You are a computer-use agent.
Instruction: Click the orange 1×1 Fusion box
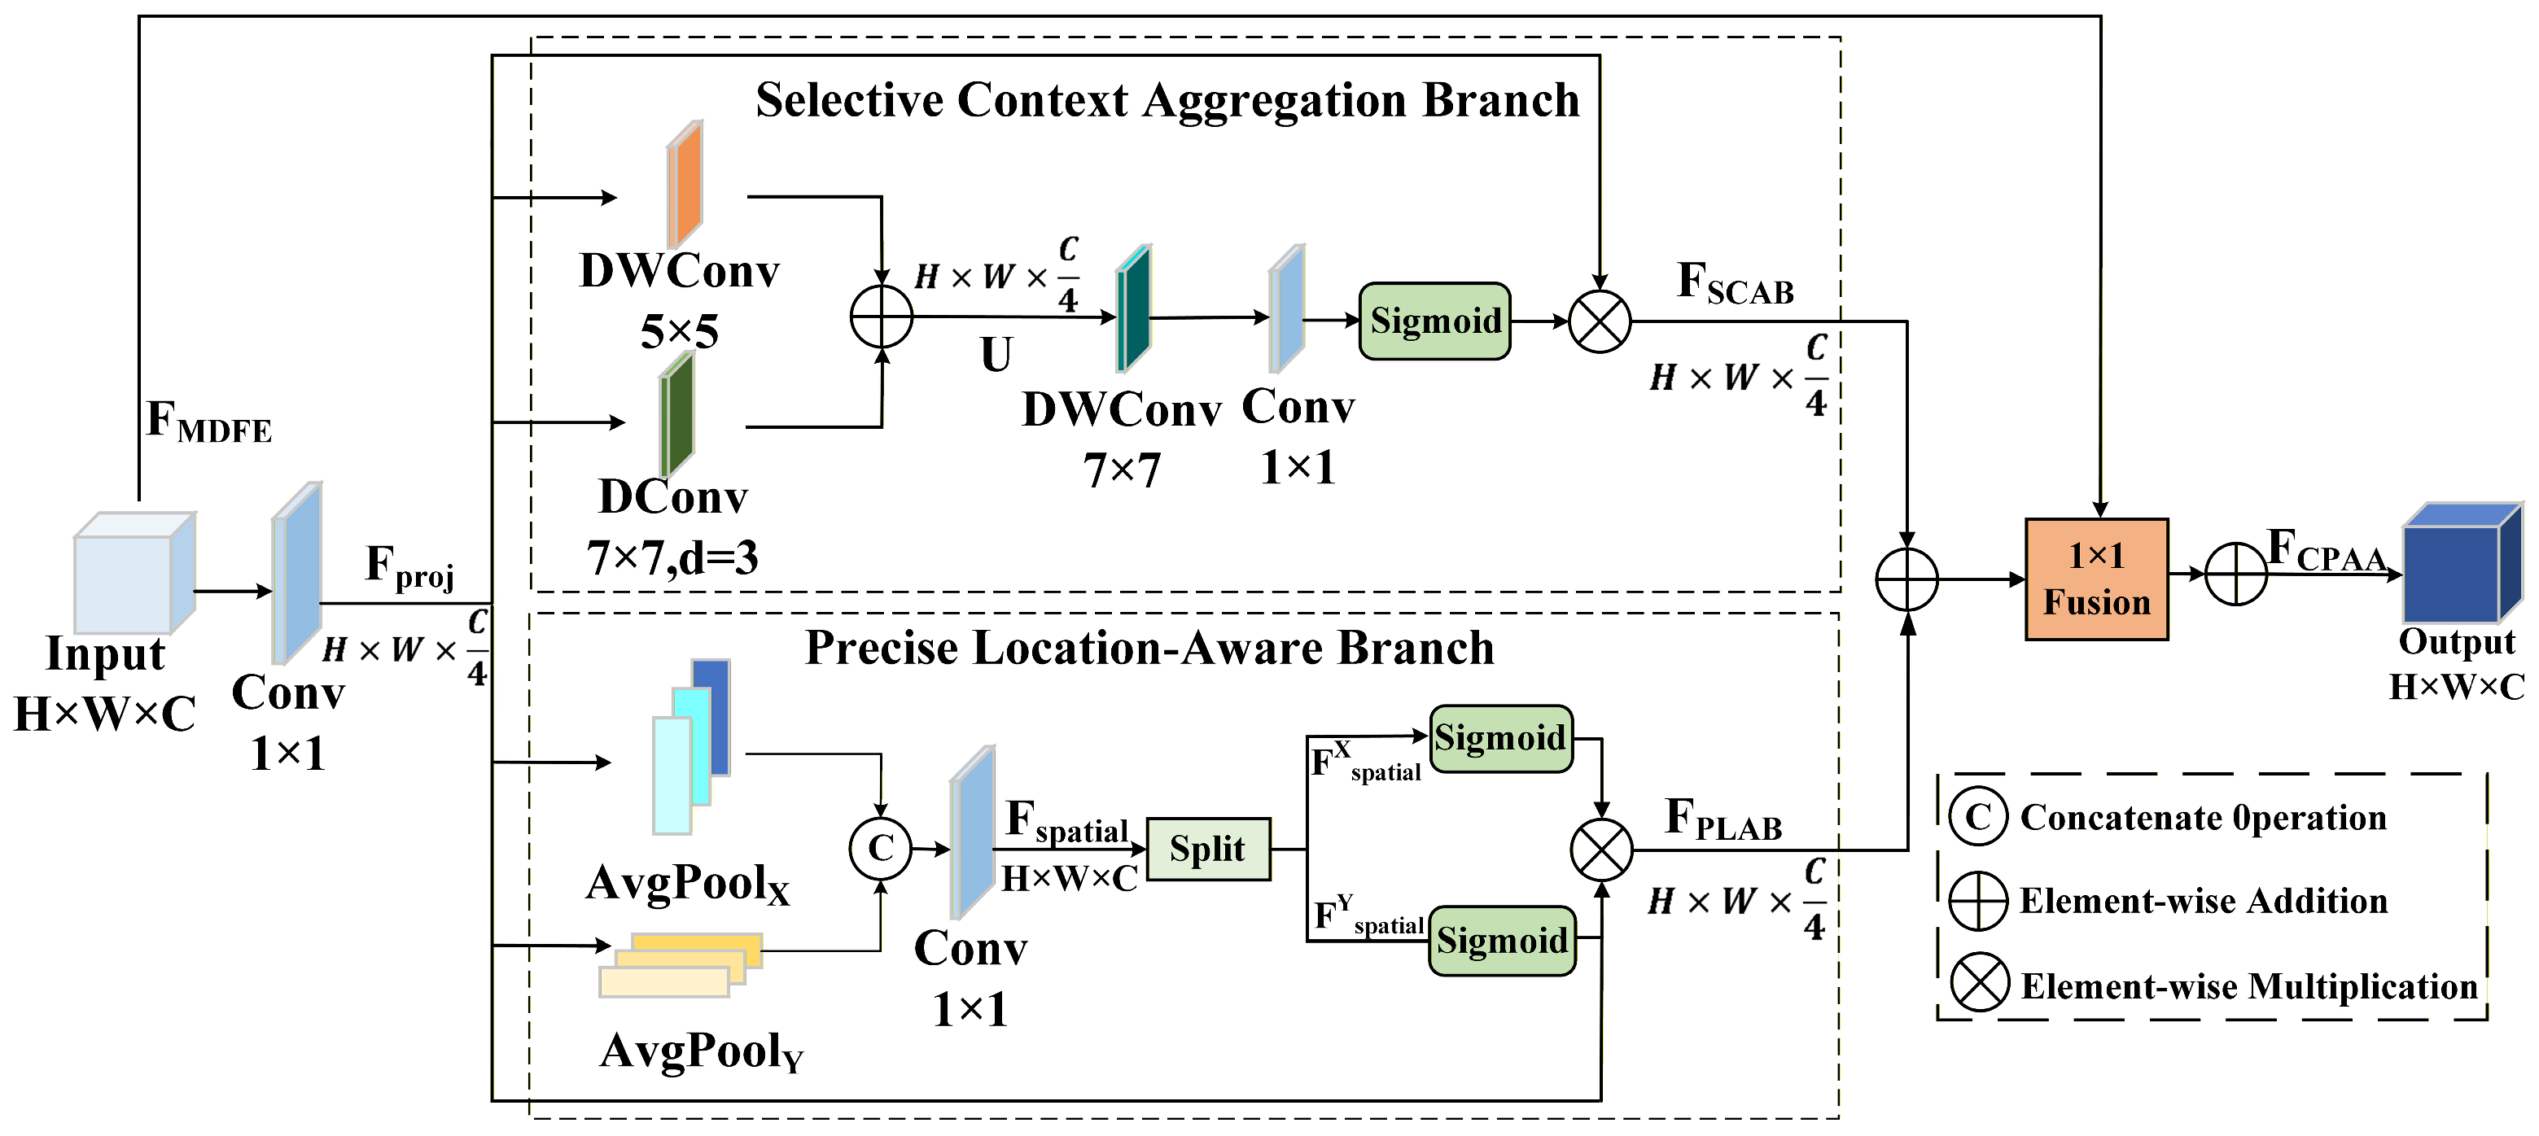2096,579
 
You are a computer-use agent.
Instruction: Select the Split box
1208,848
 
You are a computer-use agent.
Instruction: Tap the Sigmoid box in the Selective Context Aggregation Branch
1435,321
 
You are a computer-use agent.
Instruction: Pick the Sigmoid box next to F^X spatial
1501,738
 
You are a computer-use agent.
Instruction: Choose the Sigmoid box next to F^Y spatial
1502,941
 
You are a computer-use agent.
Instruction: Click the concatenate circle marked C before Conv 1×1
880,847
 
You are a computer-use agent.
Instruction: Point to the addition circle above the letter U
881,317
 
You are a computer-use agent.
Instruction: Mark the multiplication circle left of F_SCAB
1600,321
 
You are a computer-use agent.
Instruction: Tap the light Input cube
134,572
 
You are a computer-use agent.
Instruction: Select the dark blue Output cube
2460,562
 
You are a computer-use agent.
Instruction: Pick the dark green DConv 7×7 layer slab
676,415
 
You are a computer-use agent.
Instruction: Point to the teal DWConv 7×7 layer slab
1133,308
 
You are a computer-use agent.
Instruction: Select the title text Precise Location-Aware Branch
1149,649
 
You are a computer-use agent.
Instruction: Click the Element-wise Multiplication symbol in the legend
1979,982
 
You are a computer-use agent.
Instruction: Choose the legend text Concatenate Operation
2203,817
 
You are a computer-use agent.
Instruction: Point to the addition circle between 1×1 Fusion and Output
2235,574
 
